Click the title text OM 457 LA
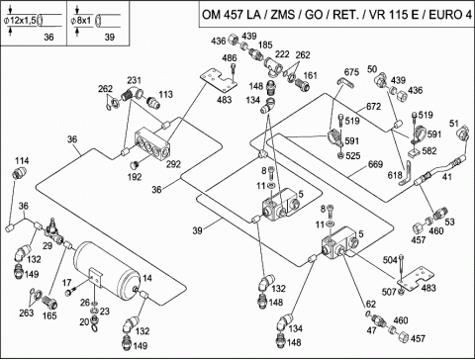[x=232, y=15]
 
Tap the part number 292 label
[x=173, y=164]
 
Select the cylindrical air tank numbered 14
[x=108, y=269]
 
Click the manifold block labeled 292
[x=152, y=144]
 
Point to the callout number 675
[x=351, y=72]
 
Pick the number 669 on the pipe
[x=375, y=164]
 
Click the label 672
[x=373, y=106]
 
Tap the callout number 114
[x=22, y=160]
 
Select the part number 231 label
[x=134, y=80]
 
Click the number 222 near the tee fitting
[x=282, y=53]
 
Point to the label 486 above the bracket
[x=230, y=57]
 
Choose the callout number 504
[x=390, y=260]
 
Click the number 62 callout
[x=371, y=304]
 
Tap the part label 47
[x=372, y=330]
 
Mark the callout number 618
[x=395, y=175]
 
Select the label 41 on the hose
[x=446, y=177]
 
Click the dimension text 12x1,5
[x=23, y=20]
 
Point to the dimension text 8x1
[x=83, y=20]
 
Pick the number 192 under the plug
[x=135, y=177]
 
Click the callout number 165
[x=49, y=315]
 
